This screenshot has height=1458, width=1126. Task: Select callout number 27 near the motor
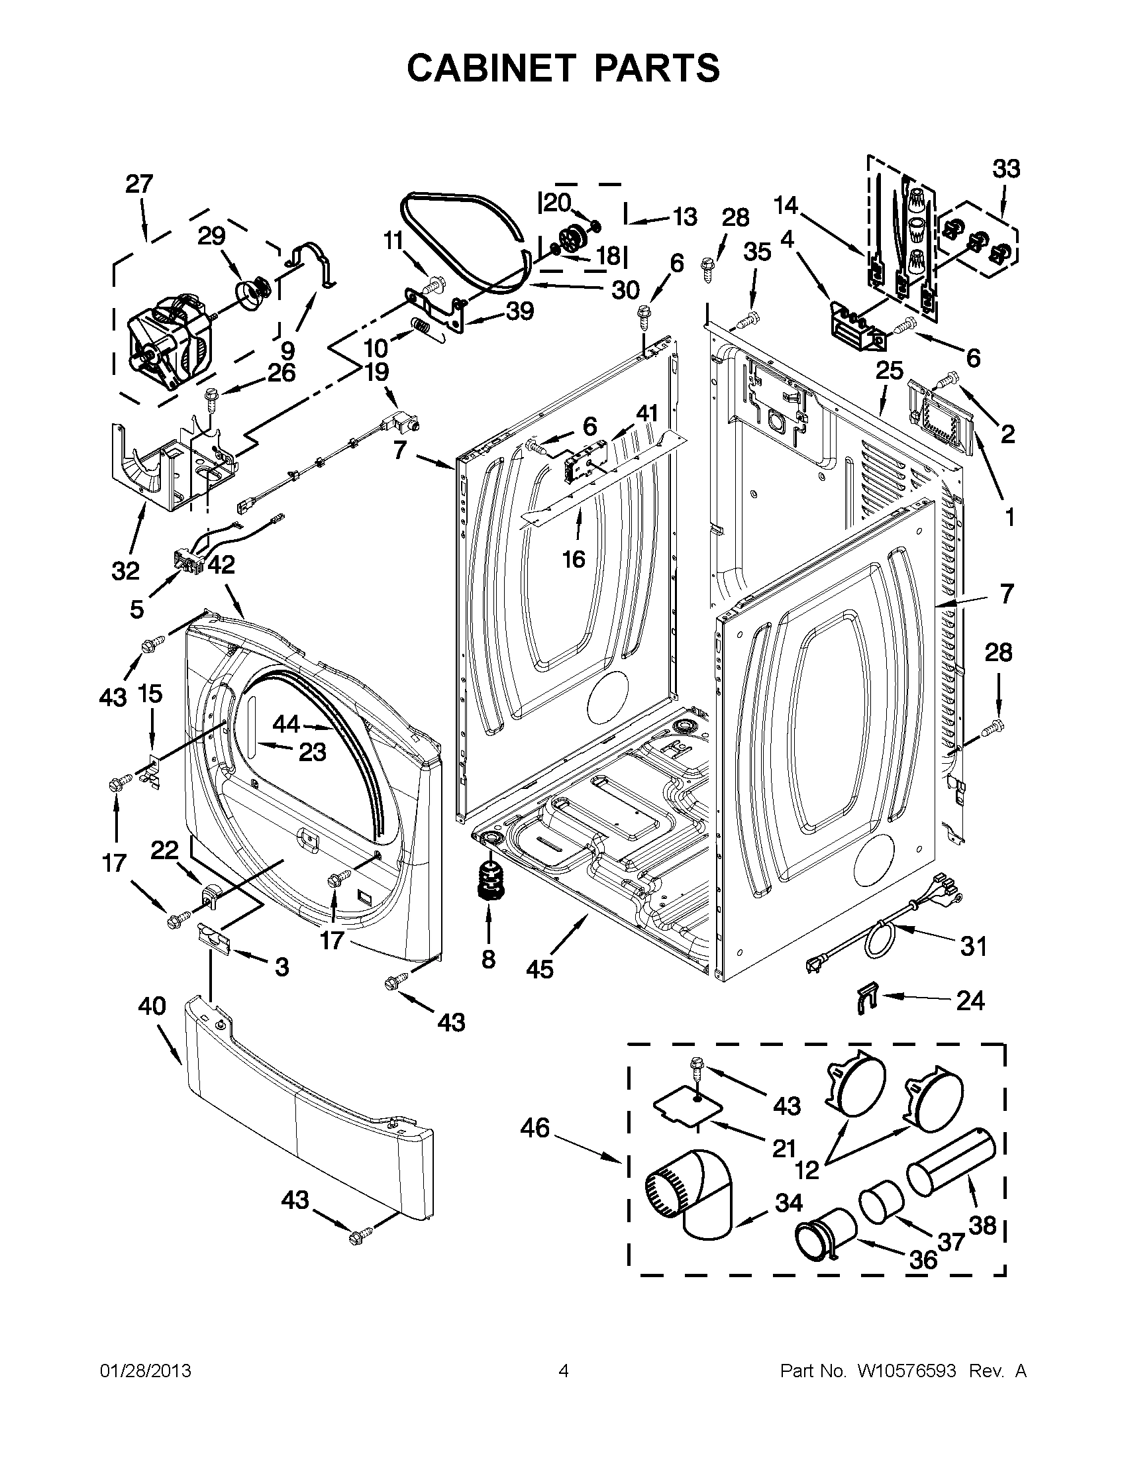point(139,183)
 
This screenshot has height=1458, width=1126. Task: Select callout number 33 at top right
point(1006,169)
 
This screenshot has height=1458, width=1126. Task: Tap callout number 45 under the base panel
point(539,968)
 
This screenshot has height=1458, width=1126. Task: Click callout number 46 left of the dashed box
point(535,1128)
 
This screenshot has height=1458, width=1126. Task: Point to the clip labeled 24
point(866,1001)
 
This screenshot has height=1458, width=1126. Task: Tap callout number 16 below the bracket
point(574,559)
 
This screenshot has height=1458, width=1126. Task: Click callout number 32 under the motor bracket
point(125,571)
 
